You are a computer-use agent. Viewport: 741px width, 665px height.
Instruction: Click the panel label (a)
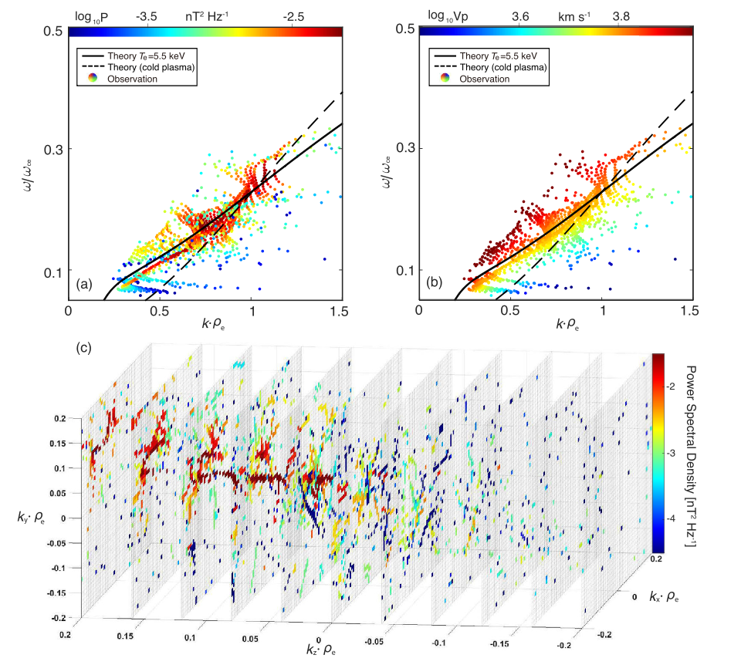click(84, 284)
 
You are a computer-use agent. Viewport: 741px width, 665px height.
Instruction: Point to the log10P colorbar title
click(91, 15)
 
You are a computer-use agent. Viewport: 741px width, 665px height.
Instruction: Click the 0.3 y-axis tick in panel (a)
click(54, 149)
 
